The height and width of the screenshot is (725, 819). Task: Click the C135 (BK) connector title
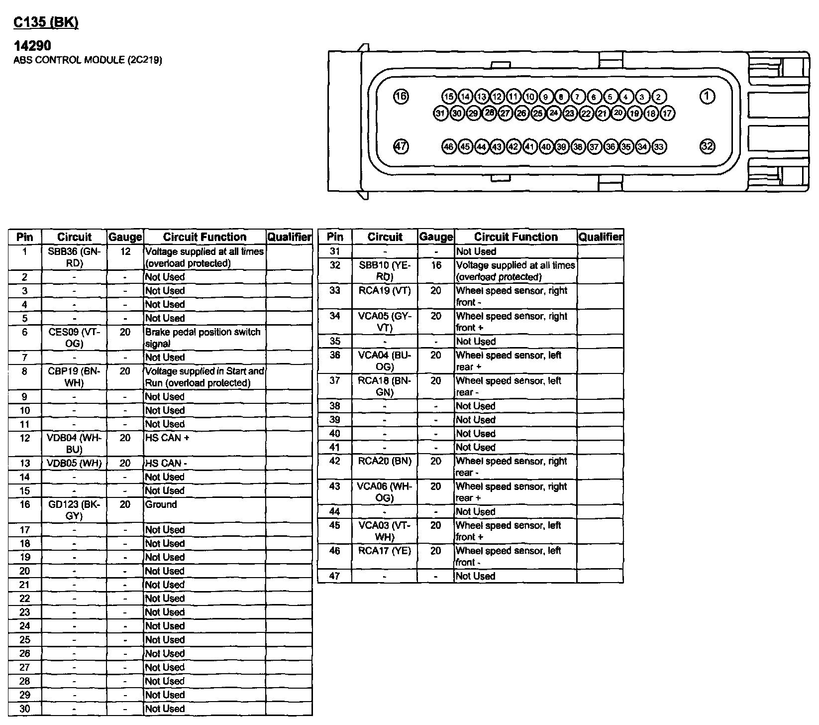[x=46, y=23]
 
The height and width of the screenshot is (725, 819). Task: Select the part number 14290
[x=32, y=46]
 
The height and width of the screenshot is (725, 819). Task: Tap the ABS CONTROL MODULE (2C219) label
[x=88, y=60]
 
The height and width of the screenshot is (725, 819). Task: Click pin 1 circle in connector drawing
[x=707, y=97]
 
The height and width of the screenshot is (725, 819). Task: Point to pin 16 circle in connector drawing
[x=401, y=97]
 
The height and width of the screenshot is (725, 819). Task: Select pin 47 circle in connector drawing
[x=401, y=146]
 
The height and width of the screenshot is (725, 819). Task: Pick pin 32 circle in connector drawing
[x=707, y=146]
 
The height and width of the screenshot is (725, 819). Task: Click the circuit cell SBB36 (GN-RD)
[x=74, y=257]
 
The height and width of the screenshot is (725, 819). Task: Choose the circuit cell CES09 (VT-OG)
[x=74, y=338]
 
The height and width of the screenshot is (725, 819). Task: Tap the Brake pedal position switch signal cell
[x=205, y=338]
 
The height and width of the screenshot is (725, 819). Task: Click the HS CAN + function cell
[x=205, y=443]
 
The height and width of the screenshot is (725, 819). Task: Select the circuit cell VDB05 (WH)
[x=74, y=464]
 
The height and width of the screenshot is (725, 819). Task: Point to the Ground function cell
[x=205, y=510]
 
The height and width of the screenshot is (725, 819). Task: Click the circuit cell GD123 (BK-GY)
[x=74, y=510]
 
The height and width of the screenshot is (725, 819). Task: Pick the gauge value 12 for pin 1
[x=125, y=252]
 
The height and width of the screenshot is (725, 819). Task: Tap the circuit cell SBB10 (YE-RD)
[x=385, y=271]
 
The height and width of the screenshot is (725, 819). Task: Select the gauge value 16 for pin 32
[x=436, y=265]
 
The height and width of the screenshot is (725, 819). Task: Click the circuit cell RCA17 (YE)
[x=385, y=551]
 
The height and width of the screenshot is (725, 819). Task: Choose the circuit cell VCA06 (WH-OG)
[x=385, y=492]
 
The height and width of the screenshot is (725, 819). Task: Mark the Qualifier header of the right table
[x=600, y=237]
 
